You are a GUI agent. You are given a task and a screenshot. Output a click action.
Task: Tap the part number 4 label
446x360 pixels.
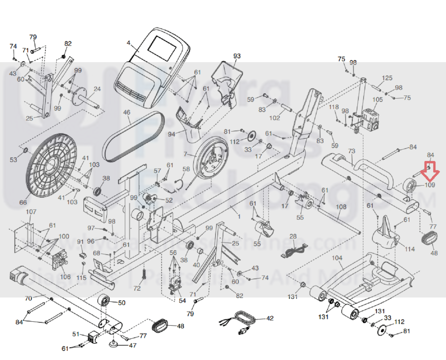(x=129, y=43)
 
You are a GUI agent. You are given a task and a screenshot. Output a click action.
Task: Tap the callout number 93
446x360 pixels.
(x=237, y=56)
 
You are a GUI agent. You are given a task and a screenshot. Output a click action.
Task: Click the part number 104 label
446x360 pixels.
(x=337, y=258)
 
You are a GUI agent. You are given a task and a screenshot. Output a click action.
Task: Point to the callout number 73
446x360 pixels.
(x=351, y=151)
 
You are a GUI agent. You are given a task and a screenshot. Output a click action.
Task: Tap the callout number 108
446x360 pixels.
(x=341, y=207)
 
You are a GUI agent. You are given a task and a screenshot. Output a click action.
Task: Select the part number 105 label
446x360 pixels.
(x=377, y=100)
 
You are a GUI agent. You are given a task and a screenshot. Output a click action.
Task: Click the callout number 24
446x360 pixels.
(x=97, y=89)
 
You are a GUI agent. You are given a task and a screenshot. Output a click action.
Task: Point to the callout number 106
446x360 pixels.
(x=65, y=277)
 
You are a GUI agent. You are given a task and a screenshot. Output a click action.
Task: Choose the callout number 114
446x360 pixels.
(x=410, y=249)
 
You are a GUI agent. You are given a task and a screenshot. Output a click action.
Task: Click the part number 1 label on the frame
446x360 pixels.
(x=239, y=217)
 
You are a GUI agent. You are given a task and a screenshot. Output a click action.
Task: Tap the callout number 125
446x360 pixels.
(x=387, y=78)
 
